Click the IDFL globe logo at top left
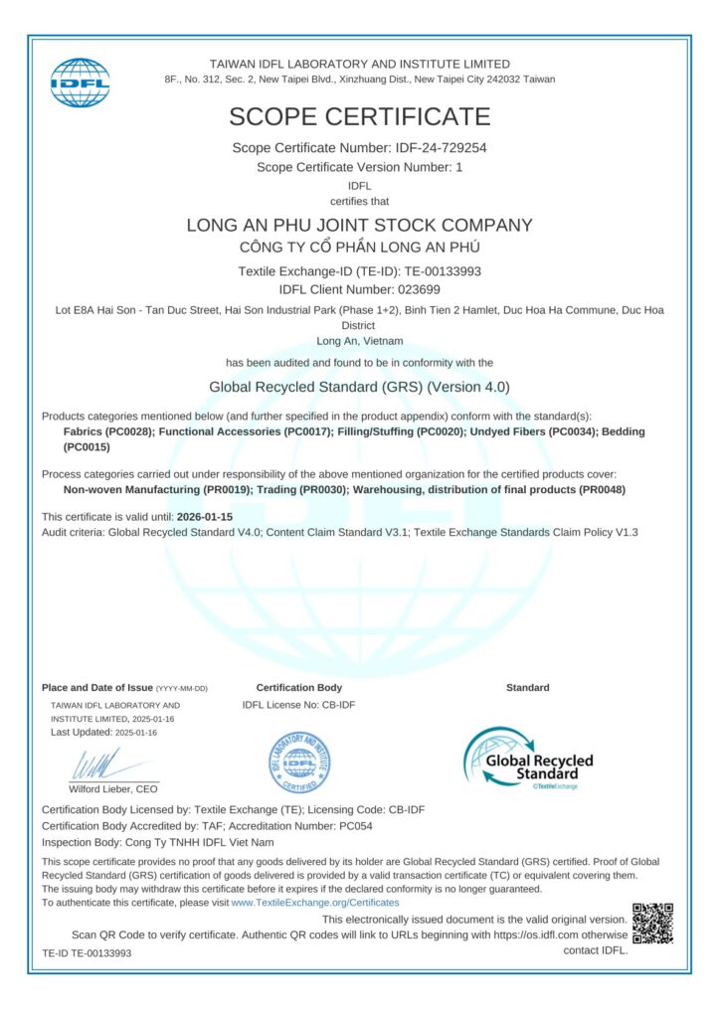[x=80, y=83]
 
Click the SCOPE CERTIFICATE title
[x=359, y=116]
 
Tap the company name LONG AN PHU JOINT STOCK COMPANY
[x=359, y=226]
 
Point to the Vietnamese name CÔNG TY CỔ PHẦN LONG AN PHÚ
[x=359, y=248]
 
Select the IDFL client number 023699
[x=416, y=289]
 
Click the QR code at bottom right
[x=652, y=923]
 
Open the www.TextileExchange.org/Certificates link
[x=314, y=903]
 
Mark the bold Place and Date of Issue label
[x=96, y=688]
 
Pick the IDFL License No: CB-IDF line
[x=298, y=705]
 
